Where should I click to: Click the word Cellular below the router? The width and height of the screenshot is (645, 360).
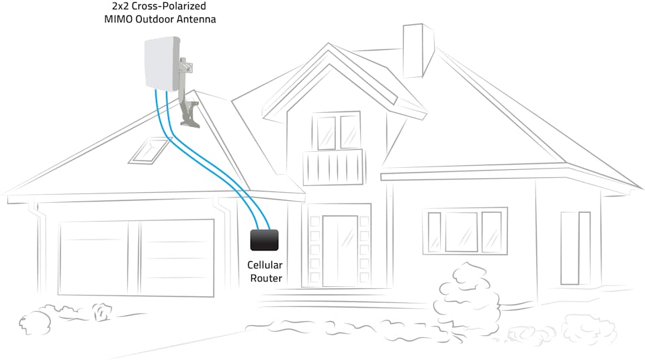click(x=265, y=265)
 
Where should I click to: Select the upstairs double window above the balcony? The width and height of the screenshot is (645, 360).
click(x=337, y=132)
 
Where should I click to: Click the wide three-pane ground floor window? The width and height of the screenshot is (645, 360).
click(x=464, y=232)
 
